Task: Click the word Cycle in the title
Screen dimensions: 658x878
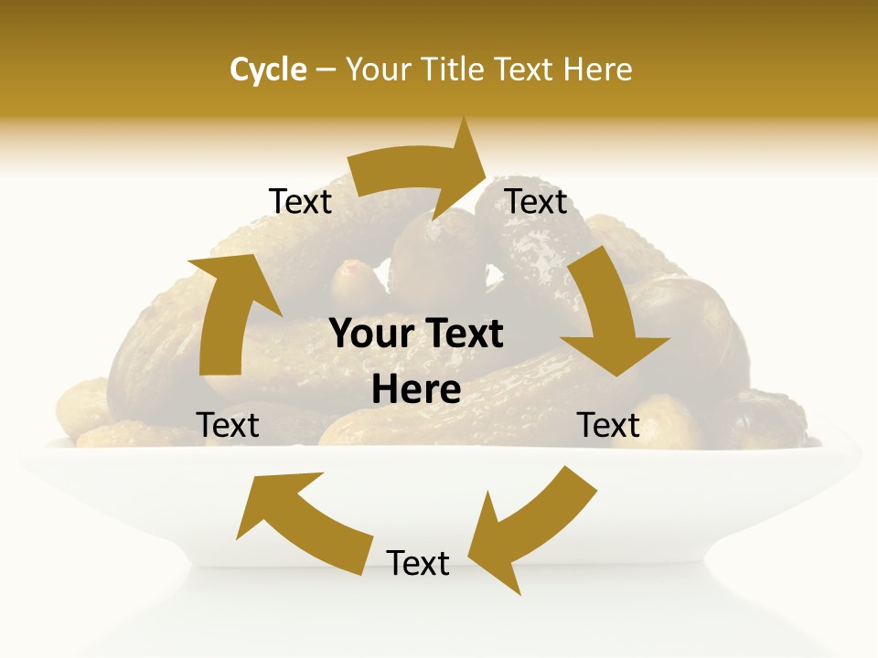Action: pos(268,69)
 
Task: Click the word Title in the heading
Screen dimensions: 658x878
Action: pos(455,69)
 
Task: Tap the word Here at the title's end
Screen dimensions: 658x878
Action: pos(598,69)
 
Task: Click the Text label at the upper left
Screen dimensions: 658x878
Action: pos(300,202)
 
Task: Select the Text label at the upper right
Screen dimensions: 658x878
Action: pos(536,202)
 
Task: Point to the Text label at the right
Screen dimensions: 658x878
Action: pos(608,425)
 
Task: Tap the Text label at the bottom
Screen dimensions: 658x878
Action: pos(418,563)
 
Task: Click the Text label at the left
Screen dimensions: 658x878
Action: pos(228,425)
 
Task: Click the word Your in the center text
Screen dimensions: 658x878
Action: pos(369,334)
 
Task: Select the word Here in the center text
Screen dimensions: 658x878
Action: pos(416,390)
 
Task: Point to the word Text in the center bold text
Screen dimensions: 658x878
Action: pos(462,334)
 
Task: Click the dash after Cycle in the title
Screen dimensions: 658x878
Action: pos(326,69)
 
